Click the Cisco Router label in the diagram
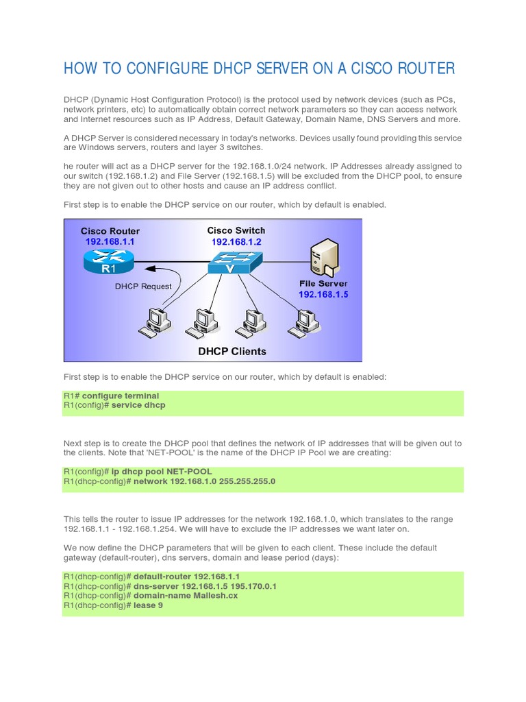click(110, 231)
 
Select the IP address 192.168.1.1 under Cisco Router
click(110, 242)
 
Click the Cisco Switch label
click(236, 230)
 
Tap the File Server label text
click(323, 283)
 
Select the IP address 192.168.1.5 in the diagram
click(323, 294)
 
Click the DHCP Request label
click(143, 286)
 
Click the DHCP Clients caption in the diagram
click(232, 352)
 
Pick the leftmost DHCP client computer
click(154, 322)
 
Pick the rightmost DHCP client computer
click(303, 322)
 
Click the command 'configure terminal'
click(121, 396)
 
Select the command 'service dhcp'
click(138, 405)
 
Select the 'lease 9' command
click(148, 605)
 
